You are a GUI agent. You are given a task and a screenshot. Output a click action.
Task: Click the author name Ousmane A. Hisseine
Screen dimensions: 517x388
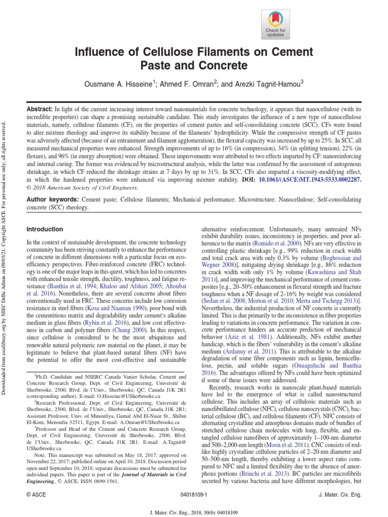(x=129, y=83)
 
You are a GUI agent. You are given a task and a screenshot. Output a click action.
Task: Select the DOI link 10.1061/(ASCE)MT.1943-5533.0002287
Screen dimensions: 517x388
(x=312, y=179)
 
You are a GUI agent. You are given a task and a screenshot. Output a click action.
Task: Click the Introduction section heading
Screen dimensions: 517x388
(x=44, y=229)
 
